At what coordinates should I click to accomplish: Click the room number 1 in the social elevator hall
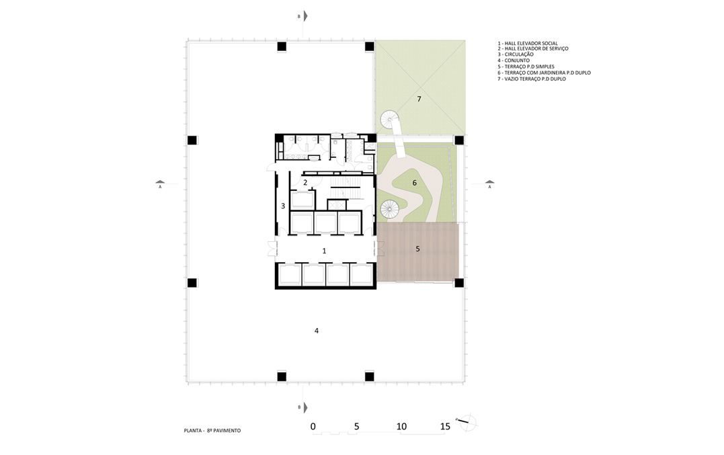click(324, 251)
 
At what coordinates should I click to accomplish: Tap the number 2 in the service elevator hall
click(305, 183)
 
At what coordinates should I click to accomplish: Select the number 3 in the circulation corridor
click(283, 206)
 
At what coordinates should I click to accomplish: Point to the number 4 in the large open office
click(317, 331)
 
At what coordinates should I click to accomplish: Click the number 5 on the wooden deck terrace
click(418, 249)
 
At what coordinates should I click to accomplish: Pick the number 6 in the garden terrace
click(415, 183)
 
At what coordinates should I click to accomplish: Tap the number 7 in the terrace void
click(419, 99)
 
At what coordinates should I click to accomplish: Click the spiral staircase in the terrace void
click(390, 120)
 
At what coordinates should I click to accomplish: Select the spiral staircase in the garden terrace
click(389, 209)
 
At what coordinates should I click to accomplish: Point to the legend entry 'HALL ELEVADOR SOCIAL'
click(528, 44)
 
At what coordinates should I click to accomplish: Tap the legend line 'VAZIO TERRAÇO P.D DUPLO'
click(532, 79)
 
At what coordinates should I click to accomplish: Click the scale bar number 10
click(402, 426)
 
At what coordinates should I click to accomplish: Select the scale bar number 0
click(313, 426)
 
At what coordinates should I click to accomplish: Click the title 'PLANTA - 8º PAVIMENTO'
click(212, 431)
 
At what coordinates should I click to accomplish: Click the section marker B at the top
click(303, 17)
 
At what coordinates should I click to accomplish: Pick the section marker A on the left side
click(160, 184)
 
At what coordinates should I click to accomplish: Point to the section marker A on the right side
click(489, 184)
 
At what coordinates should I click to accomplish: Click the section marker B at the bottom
click(303, 407)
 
